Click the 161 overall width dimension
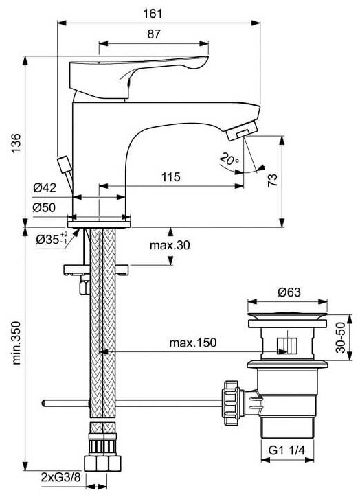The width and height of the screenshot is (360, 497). [153, 14]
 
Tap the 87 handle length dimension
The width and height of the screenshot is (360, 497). [154, 34]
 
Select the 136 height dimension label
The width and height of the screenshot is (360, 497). [16, 143]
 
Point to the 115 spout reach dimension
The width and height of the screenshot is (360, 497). [171, 177]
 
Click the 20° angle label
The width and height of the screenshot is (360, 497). [229, 159]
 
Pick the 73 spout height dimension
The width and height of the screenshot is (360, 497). [273, 180]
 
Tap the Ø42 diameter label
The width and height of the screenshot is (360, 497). [45, 187]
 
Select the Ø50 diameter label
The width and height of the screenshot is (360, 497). [44, 207]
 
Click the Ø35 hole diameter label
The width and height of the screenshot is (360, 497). [52, 238]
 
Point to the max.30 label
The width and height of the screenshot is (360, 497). [170, 245]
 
